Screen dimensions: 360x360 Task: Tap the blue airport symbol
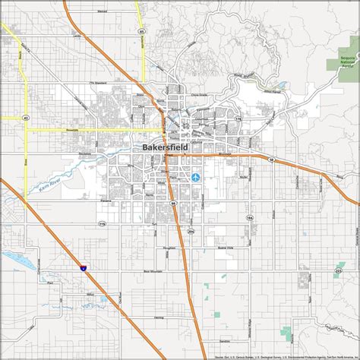[x=197, y=177]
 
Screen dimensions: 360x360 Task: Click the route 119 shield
[x=102, y=224]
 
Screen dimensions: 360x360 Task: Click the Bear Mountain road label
[x=153, y=269]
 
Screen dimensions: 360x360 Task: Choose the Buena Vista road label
[x=225, y=247]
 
